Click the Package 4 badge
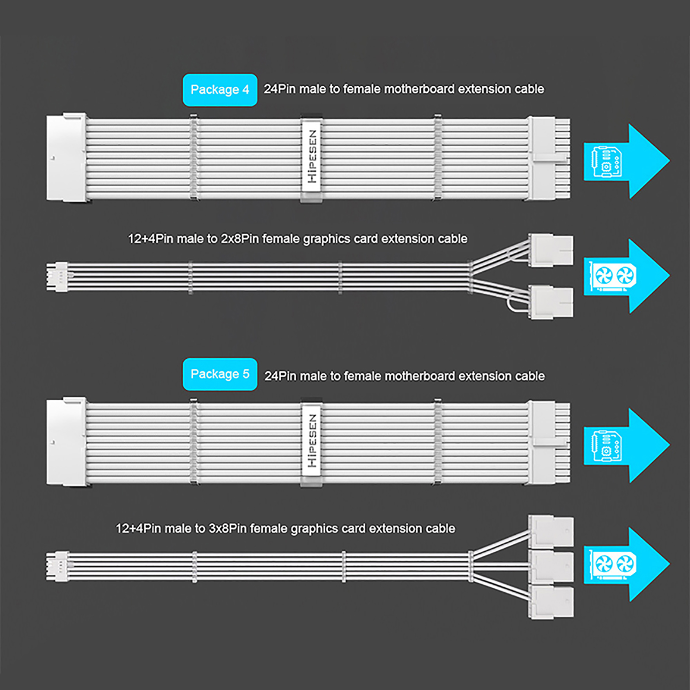tap(220, 90)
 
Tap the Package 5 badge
tap(220, 374)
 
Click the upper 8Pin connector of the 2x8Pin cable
tap(551, 250)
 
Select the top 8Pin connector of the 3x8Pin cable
tap(551, 531)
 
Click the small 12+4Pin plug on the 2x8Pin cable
tap(57, 277)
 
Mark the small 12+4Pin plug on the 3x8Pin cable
tap(57, 566)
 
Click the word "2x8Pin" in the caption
tap(240, 239)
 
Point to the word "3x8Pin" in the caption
tap(228, 529)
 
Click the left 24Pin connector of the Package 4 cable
tap(66, 157)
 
